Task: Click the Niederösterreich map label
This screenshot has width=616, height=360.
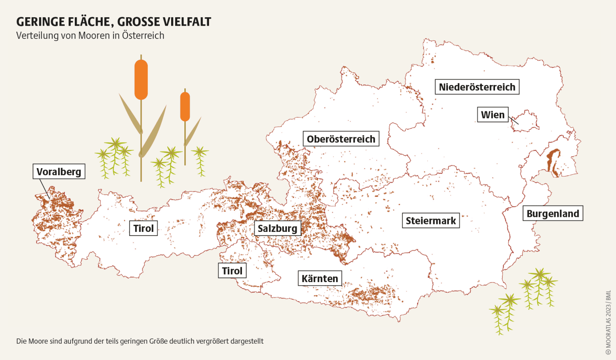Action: pos(477,87)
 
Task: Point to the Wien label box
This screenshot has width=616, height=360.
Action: pos(493,115)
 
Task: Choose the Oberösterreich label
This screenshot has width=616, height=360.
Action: pos(341,139)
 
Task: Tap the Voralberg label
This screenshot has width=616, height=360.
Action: pos(59,172)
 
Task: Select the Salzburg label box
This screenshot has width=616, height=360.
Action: pos(278,228)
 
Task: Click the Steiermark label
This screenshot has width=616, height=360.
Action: pos(431,220)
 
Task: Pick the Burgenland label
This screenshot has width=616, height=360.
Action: pos(553,214)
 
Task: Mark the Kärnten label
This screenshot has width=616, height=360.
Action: pos(320,278)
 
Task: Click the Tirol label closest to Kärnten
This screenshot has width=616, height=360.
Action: pos(232,271)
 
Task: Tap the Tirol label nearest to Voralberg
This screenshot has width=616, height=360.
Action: pos(143,228)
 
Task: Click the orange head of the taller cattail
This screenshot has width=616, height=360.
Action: pos(141,79)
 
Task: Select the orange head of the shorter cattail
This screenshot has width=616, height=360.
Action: pos(185,106)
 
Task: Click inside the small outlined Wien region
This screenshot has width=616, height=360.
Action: pos(526,121)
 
